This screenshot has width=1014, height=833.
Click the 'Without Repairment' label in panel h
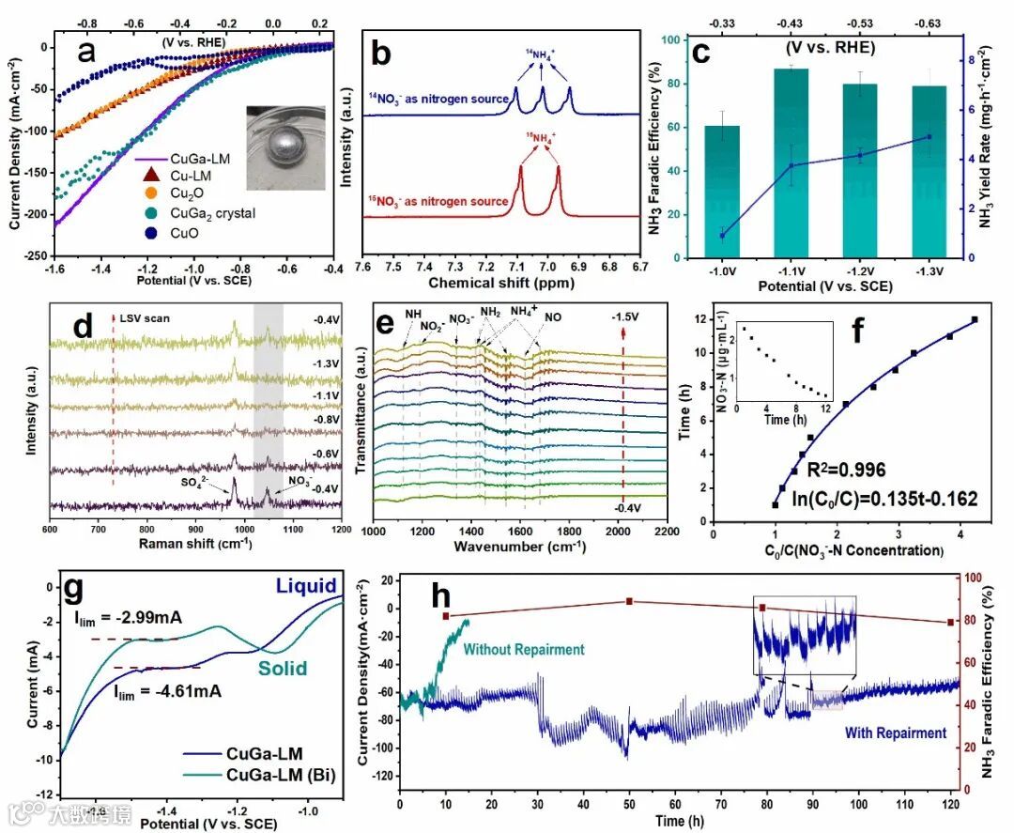point(524,649)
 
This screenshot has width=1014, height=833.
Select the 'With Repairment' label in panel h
point(896,733)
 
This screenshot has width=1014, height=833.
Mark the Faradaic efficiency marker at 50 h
point(629,602)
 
